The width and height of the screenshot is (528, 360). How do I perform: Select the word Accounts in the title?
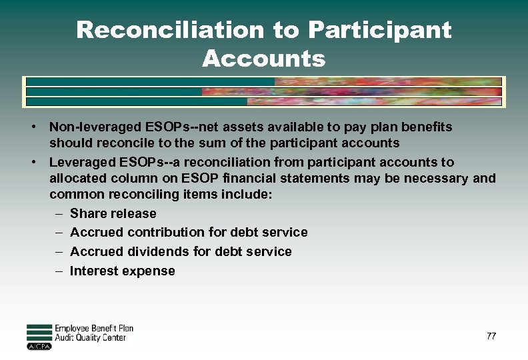(x=263, y=59)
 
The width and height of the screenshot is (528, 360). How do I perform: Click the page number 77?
(x=491, y=336)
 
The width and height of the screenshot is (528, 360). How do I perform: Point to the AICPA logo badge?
(x=39, y=346)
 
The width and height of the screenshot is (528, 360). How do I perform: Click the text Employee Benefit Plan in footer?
(x=93, y=329)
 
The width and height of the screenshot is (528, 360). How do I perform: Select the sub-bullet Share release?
(x=113, y=214)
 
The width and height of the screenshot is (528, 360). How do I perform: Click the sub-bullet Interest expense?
(x=122, y=271)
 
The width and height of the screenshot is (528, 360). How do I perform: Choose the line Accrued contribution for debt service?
(x=189, y=233)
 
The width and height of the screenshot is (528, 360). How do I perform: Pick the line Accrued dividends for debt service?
(x=181, y=251)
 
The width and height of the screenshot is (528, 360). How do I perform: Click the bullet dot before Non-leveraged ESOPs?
(x=33, y=127)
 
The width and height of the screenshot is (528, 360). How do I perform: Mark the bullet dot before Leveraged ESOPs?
(x=33, y=162)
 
